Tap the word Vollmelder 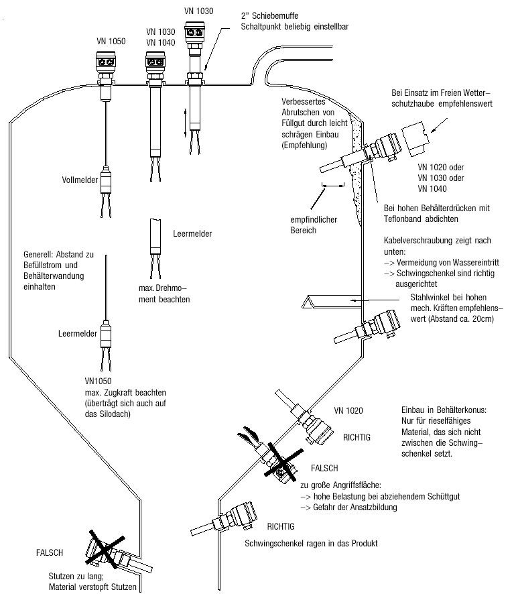[79, 180]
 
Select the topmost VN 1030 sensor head [196, 33]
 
